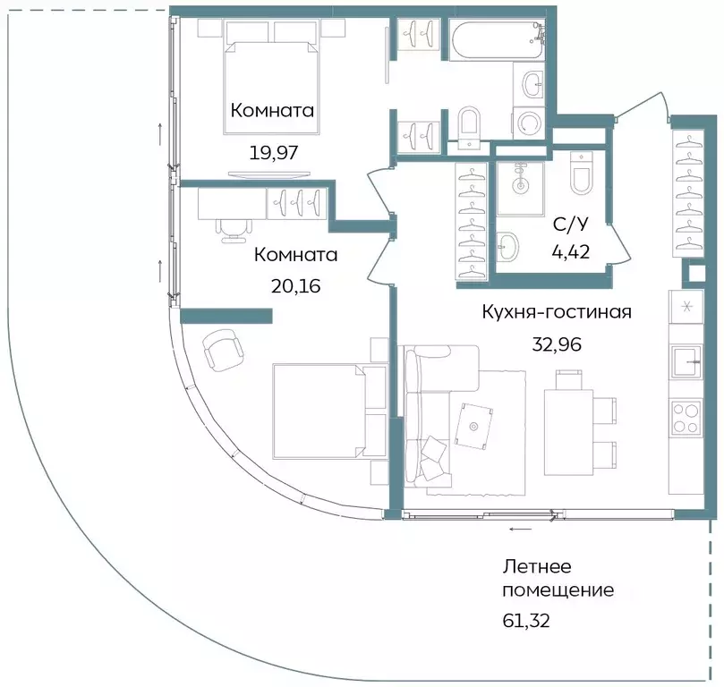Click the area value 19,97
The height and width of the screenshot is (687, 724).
273,152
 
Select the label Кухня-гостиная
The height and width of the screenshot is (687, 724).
557,312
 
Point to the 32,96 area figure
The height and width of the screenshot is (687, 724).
557,344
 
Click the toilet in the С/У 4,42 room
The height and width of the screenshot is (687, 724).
581,174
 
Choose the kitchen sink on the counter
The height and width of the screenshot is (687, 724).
687,362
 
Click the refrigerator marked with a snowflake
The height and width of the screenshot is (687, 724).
687,308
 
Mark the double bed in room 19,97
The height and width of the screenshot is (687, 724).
273,81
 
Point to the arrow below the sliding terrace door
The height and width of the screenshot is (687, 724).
517,530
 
